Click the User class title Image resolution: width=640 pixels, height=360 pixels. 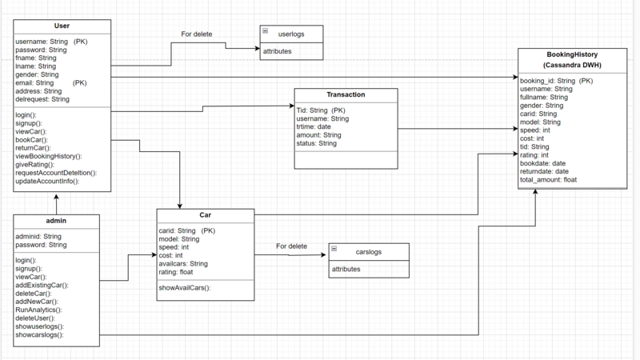point(62,26)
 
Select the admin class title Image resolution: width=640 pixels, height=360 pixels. point(56,220)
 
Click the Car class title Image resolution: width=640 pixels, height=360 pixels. point(206,215)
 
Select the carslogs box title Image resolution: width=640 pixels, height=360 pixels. point(369,251)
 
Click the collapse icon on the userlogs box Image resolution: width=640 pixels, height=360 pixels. point(266,30)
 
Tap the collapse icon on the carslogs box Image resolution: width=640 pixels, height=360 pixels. point(334,248)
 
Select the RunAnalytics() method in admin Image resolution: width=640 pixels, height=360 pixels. point(38,309)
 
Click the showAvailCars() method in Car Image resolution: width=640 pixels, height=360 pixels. point(185,287)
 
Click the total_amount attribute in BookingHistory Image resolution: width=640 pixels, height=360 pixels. point(549,180)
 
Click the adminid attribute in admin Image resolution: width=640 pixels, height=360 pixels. point(38,237)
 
